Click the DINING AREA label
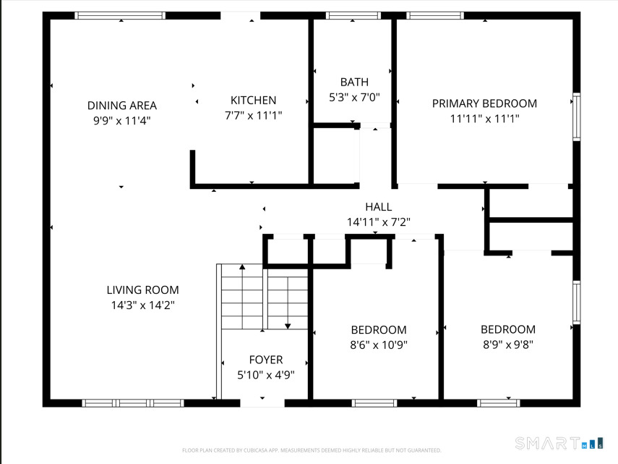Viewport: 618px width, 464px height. tap(121, 106)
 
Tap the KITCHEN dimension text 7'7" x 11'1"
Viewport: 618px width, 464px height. tap(254, 115)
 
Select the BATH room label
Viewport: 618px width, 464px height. tap(354, 82)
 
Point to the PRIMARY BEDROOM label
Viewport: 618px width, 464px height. tap(484, 104)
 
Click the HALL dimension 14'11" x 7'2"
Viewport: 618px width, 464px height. tap(378, 222)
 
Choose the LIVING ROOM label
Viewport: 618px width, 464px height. tap(142, 290)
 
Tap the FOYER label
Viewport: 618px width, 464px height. tap(266, 360)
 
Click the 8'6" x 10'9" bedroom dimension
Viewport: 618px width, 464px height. tap(379, 345)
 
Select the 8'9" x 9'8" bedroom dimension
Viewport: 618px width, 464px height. tap(508, 345)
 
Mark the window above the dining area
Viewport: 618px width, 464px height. tap(120, 15)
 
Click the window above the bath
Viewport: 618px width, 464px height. tap(353, 15)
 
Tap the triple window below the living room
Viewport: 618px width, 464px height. tap(133, 403)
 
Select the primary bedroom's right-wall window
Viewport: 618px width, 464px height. tap(577, 117)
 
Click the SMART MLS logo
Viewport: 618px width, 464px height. tap(559, 443)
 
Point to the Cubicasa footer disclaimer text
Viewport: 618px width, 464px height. tap(312, 450)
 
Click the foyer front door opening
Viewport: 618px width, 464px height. tap(262, 403)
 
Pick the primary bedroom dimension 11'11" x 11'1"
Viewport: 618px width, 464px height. tap(484, 119)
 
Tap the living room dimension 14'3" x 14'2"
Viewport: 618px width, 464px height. tap(142, 305)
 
